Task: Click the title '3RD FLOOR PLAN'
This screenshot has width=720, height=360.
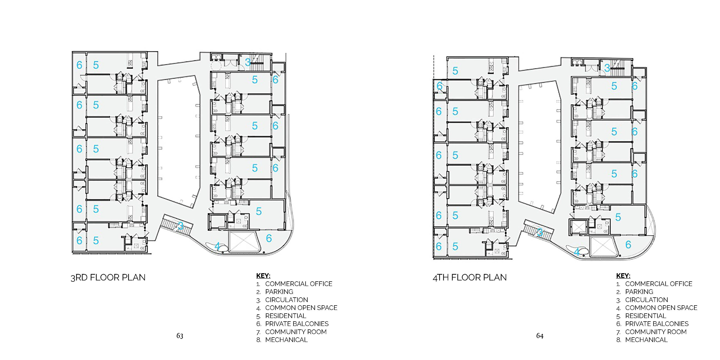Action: pos(108,277)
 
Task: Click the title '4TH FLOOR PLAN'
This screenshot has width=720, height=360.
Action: pos(469,277)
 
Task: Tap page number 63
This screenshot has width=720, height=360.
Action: pos(180,336)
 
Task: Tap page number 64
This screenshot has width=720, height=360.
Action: pos(540,336)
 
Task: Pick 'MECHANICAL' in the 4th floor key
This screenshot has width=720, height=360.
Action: pos(646,340)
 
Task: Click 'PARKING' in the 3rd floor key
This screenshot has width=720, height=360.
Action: pos(279,292)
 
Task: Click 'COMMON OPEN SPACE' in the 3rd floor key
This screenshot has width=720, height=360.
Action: pos(301,308)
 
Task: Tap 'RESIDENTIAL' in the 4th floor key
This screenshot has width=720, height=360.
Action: pos(646,316)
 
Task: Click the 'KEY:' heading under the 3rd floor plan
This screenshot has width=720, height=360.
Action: pos(263,276)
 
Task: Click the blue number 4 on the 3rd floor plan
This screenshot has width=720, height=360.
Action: pos(217,246)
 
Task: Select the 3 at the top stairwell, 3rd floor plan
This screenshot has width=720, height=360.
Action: pos(247,62)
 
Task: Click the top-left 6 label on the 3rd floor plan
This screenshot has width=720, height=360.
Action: pos(79,65)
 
